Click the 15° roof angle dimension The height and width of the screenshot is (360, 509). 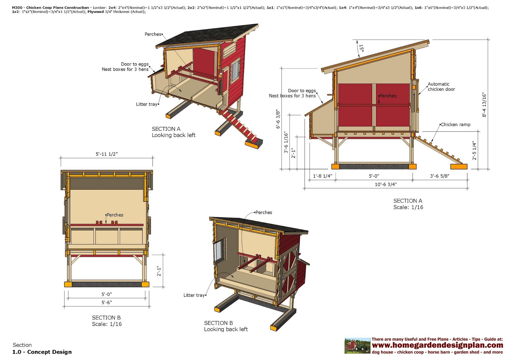361,48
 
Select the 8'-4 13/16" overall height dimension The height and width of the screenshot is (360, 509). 484,105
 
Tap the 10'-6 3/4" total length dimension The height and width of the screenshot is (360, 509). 386,184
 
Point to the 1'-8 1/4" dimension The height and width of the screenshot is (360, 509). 322,176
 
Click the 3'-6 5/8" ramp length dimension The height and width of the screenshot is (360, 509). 440,176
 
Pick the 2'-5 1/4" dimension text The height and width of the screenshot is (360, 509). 474,150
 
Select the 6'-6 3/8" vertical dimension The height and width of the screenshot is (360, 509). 278,119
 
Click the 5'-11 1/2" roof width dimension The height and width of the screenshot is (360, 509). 107,154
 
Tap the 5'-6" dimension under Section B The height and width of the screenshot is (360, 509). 107,302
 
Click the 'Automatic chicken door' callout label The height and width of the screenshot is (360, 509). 441,87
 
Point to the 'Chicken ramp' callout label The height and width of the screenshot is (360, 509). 455,124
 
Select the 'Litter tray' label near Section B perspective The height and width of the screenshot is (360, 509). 194,295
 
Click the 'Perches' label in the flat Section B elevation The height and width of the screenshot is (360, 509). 115,215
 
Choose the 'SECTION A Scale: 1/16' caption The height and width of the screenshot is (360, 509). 408,204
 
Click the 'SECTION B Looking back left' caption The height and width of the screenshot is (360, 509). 226,326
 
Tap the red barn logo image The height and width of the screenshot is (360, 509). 357,346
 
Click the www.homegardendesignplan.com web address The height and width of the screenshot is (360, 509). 437,345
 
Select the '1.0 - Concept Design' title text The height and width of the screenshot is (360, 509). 42,352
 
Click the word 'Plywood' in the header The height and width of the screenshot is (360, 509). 95,12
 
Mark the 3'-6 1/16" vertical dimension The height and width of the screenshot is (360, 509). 286,142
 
